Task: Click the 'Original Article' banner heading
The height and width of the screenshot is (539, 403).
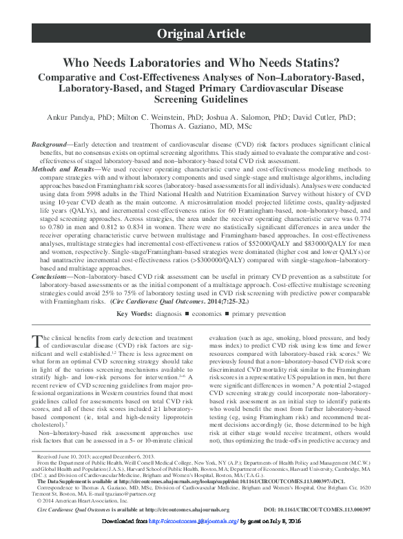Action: pos(200,33)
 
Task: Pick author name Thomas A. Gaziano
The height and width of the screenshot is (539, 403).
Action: pos(200,126)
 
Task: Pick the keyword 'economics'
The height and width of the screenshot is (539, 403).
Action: pos(218,333)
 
